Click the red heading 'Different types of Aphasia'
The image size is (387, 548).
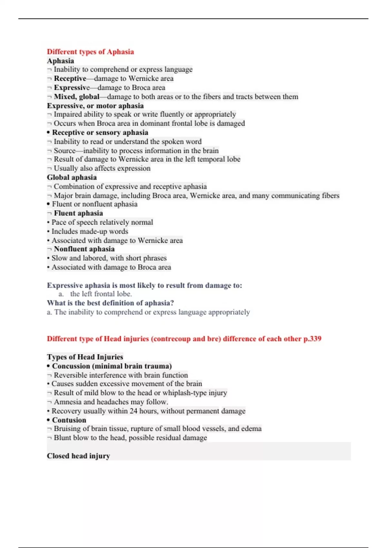pos(90,52)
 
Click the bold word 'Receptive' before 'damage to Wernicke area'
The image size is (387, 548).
pos(70,79)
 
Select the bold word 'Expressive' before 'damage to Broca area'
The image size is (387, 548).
pos(72,88)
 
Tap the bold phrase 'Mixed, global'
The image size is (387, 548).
pos(76,97)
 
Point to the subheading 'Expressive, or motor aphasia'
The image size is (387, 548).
pos(95,106)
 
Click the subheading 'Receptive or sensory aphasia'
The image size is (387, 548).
pos(100,132)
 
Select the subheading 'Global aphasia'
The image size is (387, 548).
pos(72,177)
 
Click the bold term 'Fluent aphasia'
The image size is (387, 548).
pos(78,213)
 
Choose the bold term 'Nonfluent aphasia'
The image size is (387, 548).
pos(84,249)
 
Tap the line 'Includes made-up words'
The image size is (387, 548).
pos(90,231)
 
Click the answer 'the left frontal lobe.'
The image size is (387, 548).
pos(101,294)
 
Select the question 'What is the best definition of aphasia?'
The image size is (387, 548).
pos(110,303)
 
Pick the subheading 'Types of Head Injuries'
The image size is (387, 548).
pos(85,357)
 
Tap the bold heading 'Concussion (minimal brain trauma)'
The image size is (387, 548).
pos(112,366)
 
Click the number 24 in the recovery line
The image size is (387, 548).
pos(134,411)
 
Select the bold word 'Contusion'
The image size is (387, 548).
pos(69,420)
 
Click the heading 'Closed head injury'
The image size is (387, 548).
pos(78,456)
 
